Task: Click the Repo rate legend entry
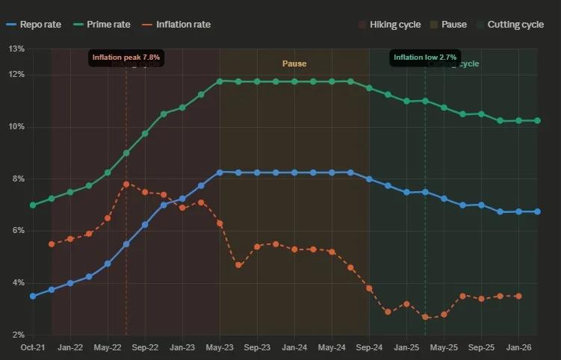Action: point(35,25)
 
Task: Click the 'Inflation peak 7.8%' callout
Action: point(126,57)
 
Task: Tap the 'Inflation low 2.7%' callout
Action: point(425,57)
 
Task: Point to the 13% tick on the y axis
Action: point(16,49)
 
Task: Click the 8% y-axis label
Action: point(16,179)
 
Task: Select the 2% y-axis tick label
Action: point(16,335)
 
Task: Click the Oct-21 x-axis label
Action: point(33,347)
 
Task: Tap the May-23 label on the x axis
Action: point(220,347)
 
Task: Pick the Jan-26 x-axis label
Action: point(518,347)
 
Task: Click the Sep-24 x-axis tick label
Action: point(369,347)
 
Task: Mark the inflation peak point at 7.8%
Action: point(126,184)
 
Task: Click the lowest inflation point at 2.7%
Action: point(425,317)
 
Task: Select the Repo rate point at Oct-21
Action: point(33,297)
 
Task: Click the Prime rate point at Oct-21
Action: point(33,205)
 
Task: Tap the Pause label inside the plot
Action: point(294,64)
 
